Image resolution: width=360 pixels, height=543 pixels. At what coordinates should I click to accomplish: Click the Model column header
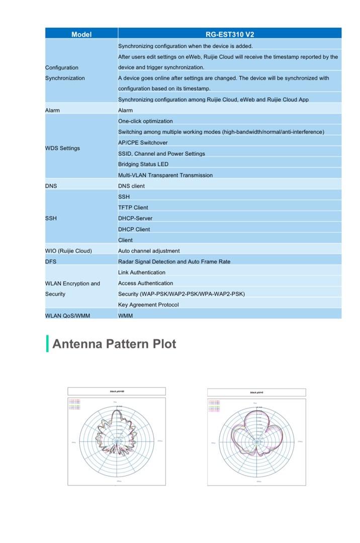pyautogui.click(x=81, y=34)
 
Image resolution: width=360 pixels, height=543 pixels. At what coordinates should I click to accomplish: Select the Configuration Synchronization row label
pyautogui.click(x=65, y=73)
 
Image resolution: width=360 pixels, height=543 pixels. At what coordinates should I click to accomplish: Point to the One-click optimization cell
pyautogui.click(x=145, y=121)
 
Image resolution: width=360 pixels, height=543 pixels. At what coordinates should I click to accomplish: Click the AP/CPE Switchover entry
pyautogui.click(x=143, y=143)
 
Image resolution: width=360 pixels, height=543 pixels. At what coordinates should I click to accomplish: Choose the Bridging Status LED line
pyautogui.click(x=143, y=164)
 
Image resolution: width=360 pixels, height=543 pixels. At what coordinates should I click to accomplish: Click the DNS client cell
pyautogui.click(x=131, y=186)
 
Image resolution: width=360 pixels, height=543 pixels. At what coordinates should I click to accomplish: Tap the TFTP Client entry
pyautogui.click(x=133, y=208)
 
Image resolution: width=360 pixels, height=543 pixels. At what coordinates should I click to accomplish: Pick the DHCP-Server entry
pyautogui.click(x=135, y=219)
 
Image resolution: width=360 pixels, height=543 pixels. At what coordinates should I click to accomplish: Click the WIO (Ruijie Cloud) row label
pyautogui.click(x=68, y=251)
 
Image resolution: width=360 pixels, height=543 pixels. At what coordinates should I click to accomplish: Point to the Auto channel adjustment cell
pyautogui.click(x=149, y=251)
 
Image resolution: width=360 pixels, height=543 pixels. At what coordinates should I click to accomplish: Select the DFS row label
pyautogui.click(x=51, y=262)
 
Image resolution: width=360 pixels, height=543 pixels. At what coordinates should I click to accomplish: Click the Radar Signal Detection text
pyautogui.click(x=174, y=262)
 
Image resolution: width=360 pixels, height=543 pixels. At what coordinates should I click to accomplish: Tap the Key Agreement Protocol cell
pyautogui.click(x=148, y=305)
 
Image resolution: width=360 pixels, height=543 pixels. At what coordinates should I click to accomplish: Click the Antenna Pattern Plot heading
pyautogui.click(x=114, y=344)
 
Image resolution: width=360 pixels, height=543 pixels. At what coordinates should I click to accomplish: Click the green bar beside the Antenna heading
pyautogui.click(x=47, y=344)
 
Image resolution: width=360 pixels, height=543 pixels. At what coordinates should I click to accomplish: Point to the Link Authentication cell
pyautogui.click(x=142, y=273)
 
